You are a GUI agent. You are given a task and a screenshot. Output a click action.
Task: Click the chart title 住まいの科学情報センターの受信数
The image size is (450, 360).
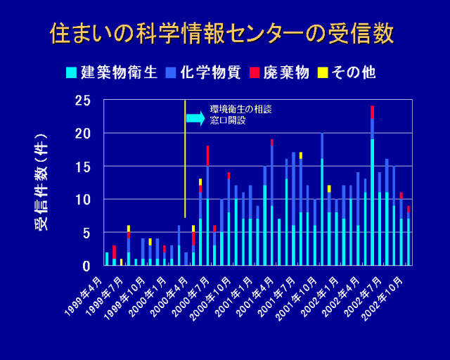point(222,33)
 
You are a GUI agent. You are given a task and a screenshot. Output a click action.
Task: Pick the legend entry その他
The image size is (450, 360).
point(353,72)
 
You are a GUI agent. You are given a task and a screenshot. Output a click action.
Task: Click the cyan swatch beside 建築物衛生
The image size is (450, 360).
point(71,72)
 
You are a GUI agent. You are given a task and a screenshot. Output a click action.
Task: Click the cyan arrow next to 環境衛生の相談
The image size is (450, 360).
point(195,118)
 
